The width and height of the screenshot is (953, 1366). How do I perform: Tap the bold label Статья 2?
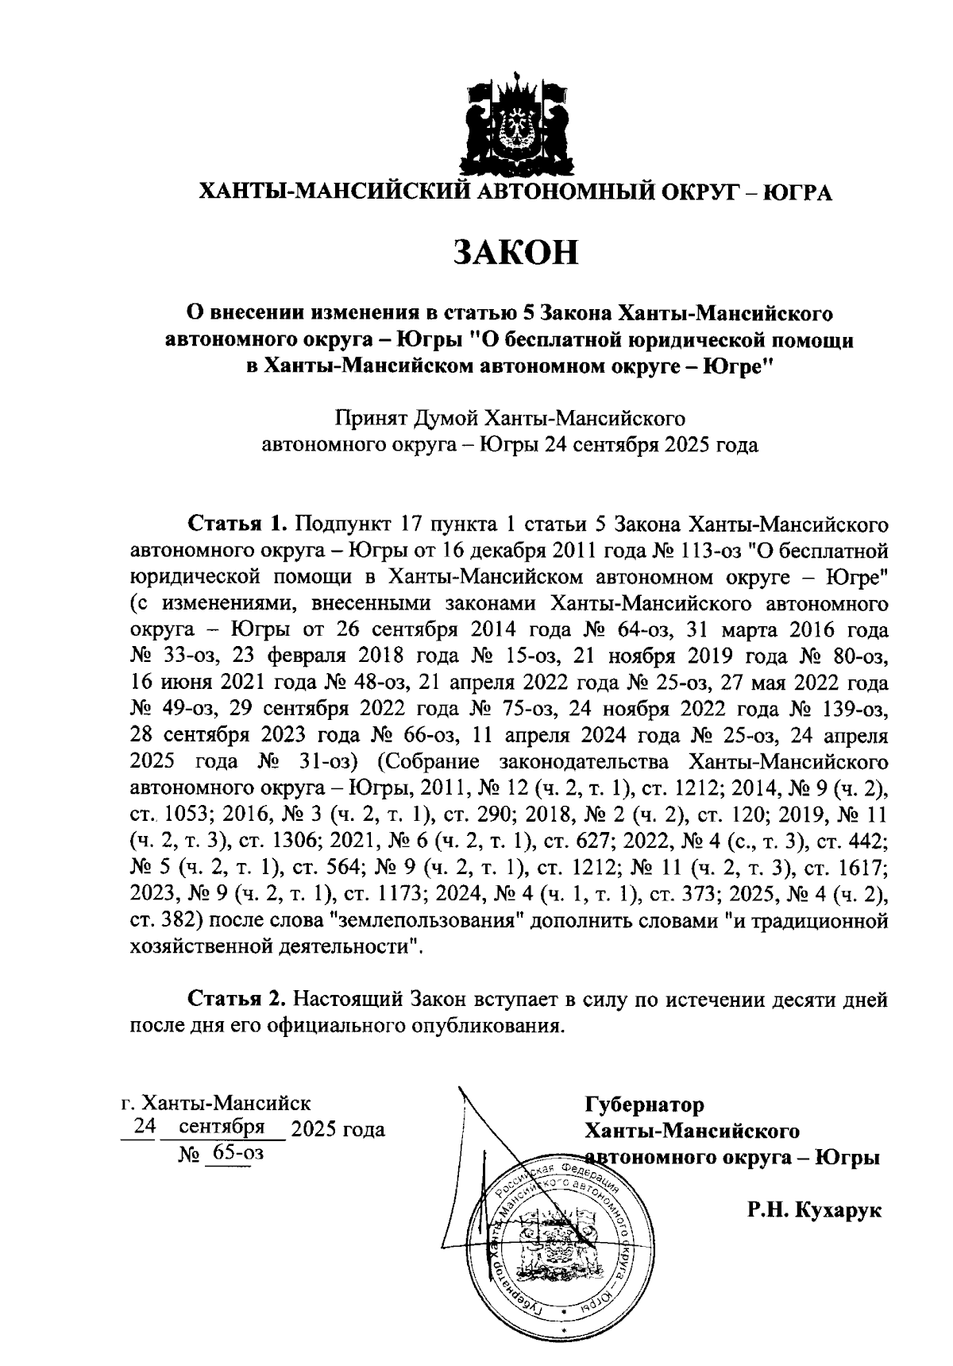click(x=235, y=999)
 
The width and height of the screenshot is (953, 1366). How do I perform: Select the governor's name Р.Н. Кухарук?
click(x=814, y=1210)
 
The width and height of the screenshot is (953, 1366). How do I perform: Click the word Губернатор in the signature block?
click(x=644, y=1105)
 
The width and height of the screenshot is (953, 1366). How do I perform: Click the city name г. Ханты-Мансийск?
click(x=215, y=1103)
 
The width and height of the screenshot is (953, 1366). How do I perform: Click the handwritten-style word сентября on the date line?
click(x=222, y=1128)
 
